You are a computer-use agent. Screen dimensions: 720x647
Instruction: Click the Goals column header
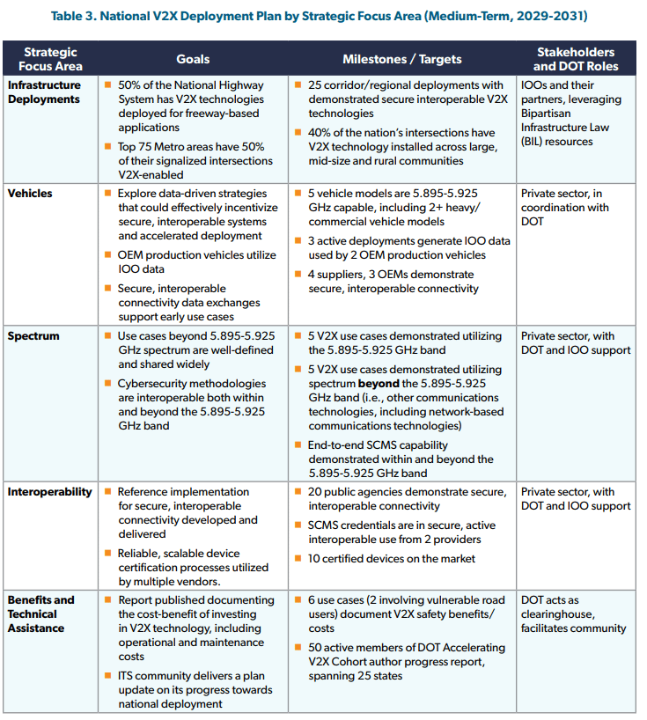point(192,59)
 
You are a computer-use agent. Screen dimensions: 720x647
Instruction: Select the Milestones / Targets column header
point(401,59)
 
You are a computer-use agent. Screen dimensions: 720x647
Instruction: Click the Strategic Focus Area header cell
point(50,59)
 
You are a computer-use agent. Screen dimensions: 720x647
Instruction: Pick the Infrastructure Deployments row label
point(44,92)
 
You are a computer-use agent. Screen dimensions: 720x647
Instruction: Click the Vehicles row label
point(30,193)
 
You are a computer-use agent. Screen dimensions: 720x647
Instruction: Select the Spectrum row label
point(33,336)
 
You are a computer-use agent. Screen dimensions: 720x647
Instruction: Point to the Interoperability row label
point(49,492)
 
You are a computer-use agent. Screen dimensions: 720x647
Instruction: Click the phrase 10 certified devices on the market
point(392,559)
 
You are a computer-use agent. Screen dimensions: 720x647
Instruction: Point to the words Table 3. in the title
point(77,16)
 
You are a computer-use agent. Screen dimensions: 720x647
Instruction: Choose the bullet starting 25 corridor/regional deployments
point(406,99)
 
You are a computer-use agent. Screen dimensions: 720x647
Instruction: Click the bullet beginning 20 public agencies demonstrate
point(407,499)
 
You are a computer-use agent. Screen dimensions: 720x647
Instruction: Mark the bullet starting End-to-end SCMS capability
point(401,459)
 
